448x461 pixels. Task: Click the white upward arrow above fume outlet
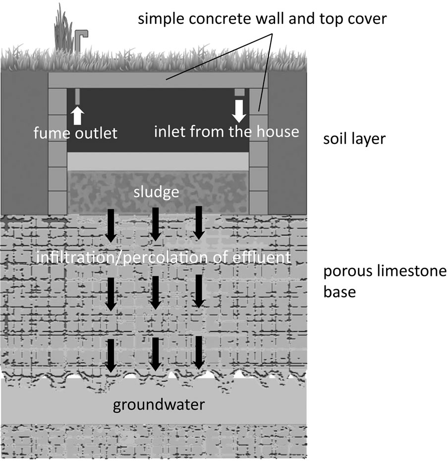[77, 116]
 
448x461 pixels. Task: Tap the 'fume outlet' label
[75, 133]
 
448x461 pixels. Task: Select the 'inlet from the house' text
[226, 132]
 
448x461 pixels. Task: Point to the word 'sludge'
[156, 192]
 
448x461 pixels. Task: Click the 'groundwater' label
[159, 404]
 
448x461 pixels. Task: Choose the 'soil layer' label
[354, 138]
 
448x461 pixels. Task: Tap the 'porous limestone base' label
[385, 281]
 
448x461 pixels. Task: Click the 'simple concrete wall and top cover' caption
[263, 20]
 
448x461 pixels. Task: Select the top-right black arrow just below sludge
[199, 222]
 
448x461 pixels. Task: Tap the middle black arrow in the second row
[155, 292]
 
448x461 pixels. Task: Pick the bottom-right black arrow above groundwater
[199, 353]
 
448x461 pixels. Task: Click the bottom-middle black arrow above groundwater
[155, 354]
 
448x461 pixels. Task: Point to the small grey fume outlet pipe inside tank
[78, 96]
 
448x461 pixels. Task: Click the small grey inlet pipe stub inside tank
[239, 92]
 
